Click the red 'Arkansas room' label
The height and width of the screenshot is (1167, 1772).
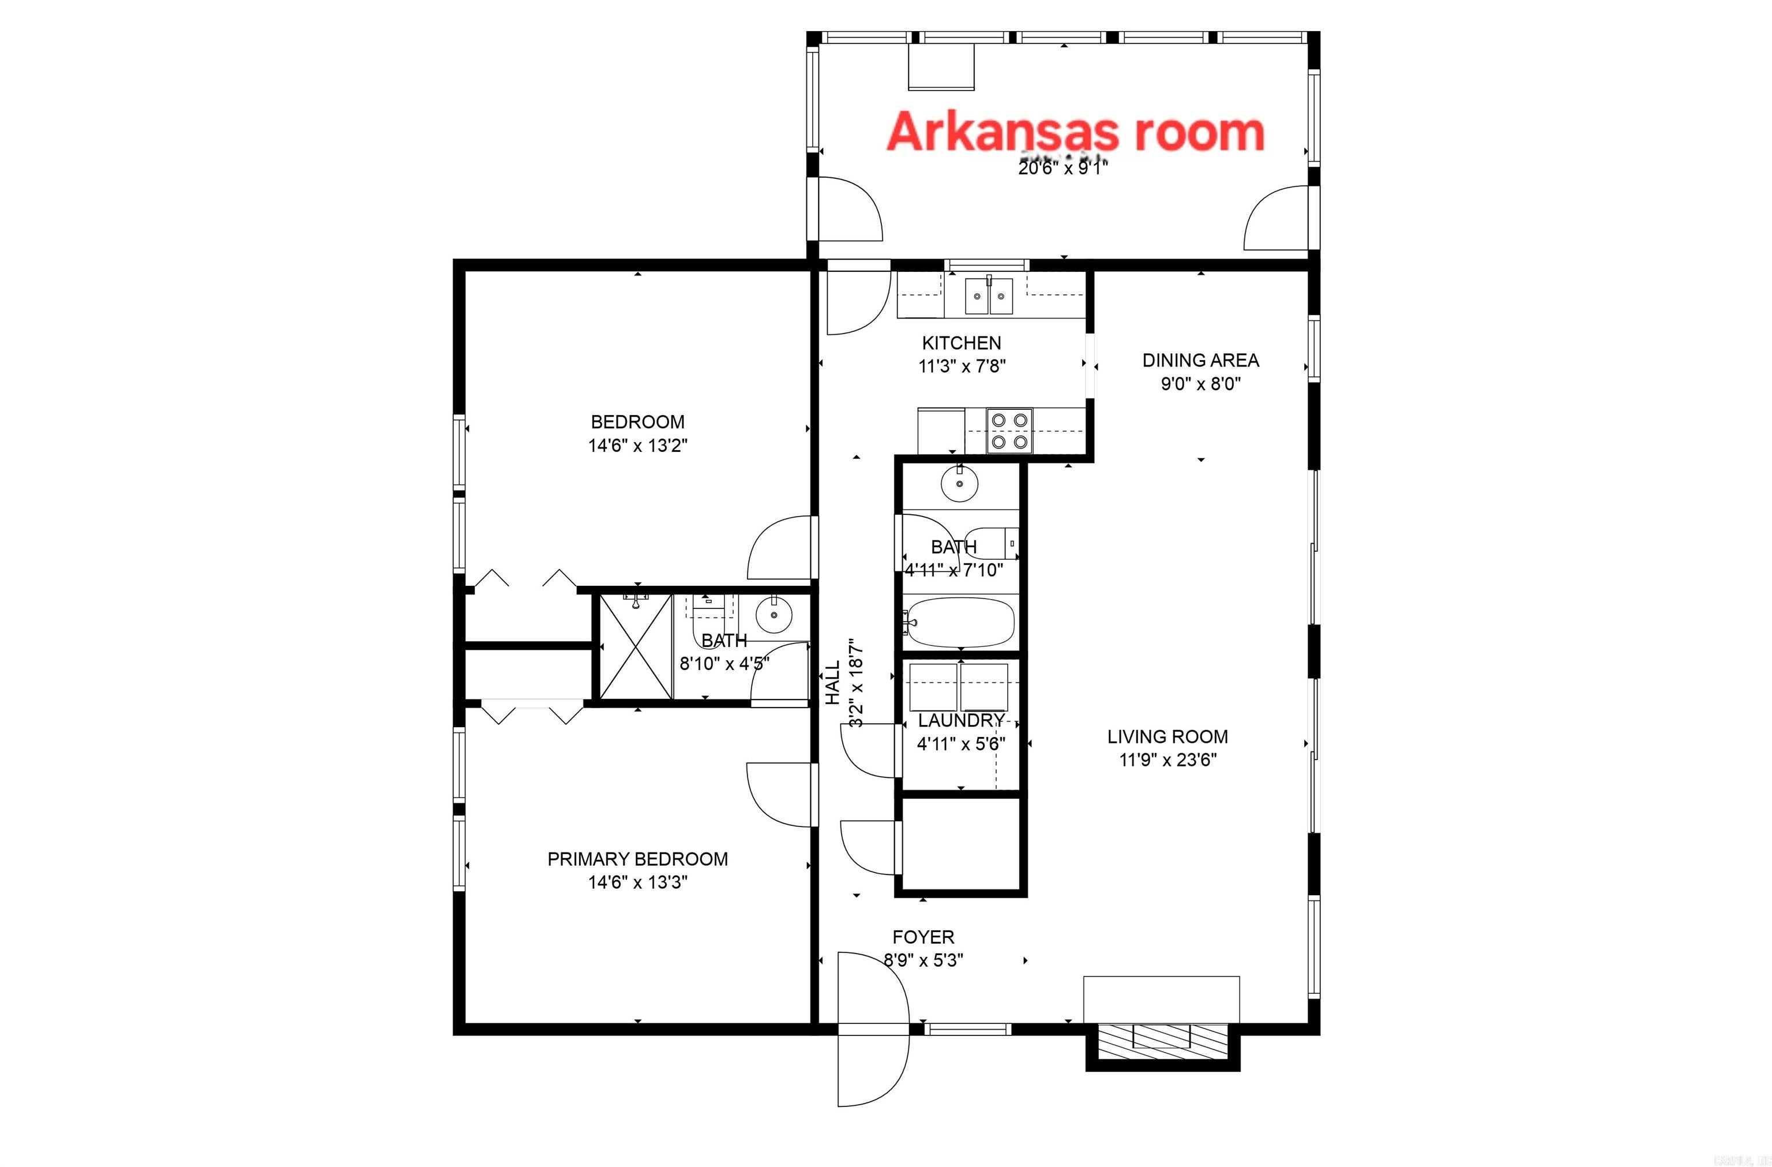(x=1075, y=133)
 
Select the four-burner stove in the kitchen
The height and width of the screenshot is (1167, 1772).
(x=1009, y=431)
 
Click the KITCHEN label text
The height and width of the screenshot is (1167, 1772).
(x=961, y=343)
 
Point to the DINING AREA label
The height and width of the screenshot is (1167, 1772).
(x=1200, y=361)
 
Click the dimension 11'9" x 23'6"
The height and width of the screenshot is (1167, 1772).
(x=1167, y=760)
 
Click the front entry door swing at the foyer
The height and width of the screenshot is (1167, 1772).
(x=871, y=990)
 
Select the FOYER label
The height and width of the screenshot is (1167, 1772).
(x=923, y=937)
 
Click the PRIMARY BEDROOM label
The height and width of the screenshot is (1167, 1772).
(x=637, y=859)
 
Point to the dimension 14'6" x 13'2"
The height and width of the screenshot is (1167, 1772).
(x=637, y=446)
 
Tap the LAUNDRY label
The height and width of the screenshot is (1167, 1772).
(x=960, y=720)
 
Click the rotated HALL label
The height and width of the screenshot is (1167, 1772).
(x=832, y=682)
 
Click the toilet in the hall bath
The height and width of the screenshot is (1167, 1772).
(x=994, y=543)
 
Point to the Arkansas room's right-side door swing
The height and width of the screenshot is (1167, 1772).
(x=1275, y=218)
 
